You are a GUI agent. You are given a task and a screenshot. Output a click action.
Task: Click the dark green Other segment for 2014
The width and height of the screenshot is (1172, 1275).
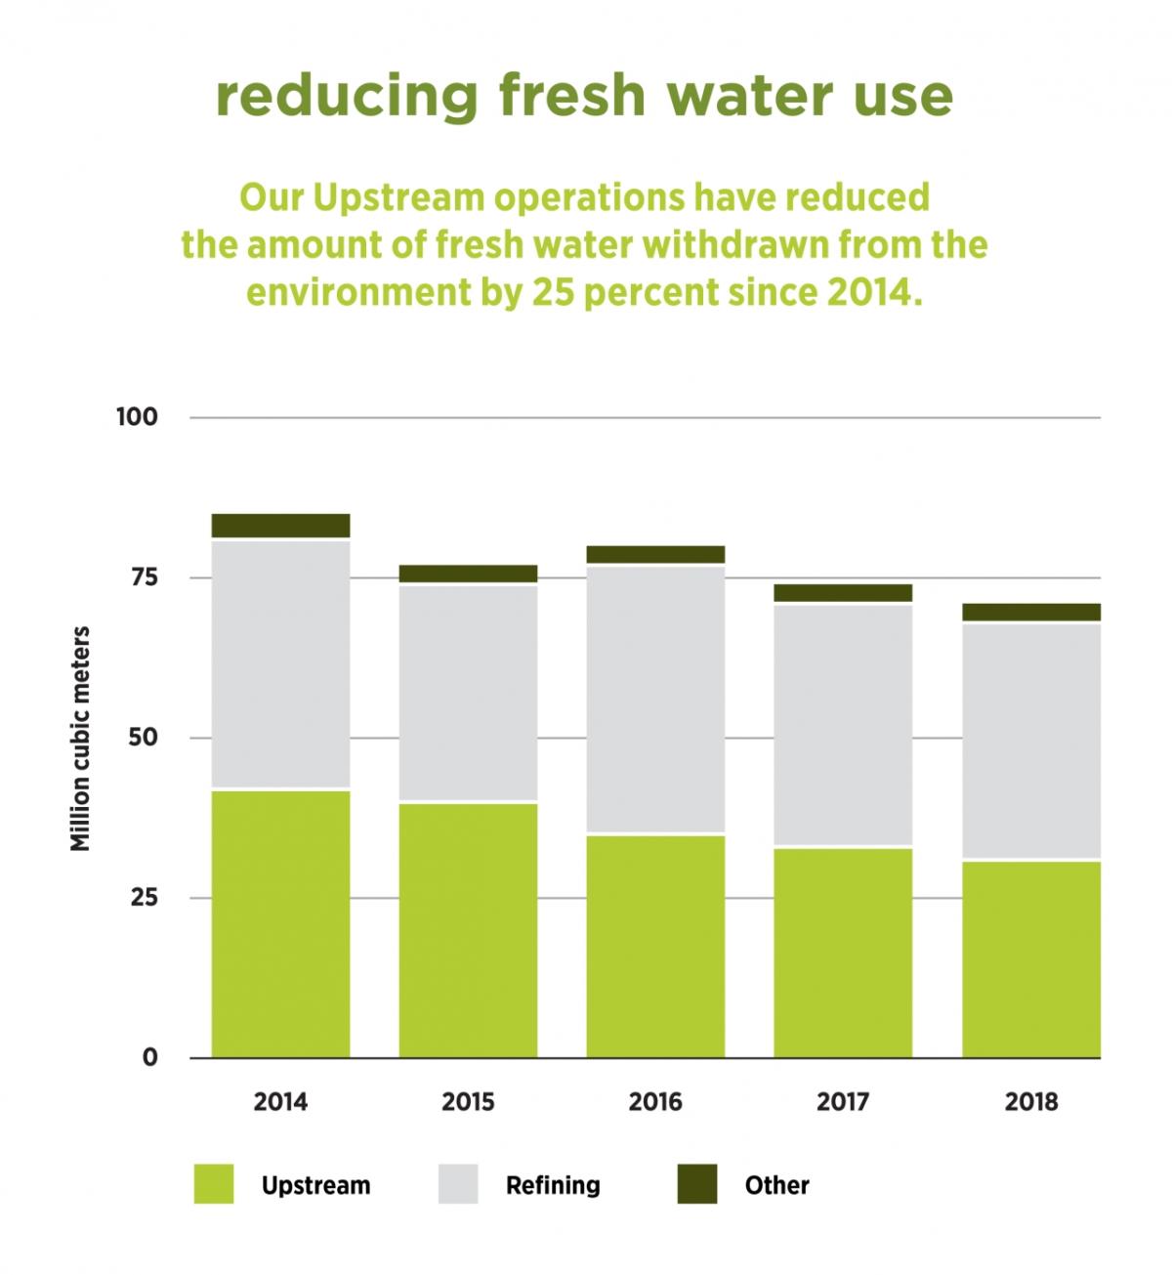tap(280, 526)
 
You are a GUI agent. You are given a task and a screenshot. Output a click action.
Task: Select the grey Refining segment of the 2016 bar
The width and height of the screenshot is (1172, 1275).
tap(655, 700)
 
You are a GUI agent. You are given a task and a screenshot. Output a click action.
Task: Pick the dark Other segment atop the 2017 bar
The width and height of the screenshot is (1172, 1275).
tap(843, 593)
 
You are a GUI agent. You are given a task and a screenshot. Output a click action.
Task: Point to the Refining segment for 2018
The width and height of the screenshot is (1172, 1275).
tap(1030, 742)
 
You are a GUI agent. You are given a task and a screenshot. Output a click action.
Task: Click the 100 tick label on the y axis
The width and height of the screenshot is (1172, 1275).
tap(137, 417)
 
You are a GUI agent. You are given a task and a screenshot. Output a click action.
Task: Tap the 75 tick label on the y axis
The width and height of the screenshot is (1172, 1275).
tap(144, 577)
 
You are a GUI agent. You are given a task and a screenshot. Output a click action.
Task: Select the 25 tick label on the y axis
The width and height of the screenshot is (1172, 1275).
tap(144, 897)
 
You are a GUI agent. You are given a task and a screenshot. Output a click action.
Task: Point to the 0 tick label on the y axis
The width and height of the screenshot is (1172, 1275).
tap(149, 1057)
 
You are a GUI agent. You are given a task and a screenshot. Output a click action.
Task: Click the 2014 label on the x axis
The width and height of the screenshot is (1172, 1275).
tap(280, 1102)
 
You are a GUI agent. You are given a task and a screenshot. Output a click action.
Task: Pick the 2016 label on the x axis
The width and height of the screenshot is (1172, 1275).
tap(655, 1102)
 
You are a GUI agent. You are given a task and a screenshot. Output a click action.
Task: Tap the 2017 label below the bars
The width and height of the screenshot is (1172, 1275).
tap(843, 1102)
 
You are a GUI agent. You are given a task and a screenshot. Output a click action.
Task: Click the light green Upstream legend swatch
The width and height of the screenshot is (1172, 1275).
tap(214, 1184)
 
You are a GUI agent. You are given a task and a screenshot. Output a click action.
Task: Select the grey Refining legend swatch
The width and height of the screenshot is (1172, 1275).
tap(458, 1184)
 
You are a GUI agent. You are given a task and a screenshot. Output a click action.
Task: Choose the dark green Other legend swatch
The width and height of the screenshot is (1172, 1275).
tap(697, 1184)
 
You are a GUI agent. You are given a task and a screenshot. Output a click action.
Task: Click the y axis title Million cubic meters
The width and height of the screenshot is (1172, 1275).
tap(80, 739)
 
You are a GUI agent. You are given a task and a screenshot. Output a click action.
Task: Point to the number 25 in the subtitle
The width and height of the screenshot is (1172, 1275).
tap(553, 292)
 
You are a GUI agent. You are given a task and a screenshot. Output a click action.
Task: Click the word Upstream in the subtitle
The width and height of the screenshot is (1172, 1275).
tap(398, 197)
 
